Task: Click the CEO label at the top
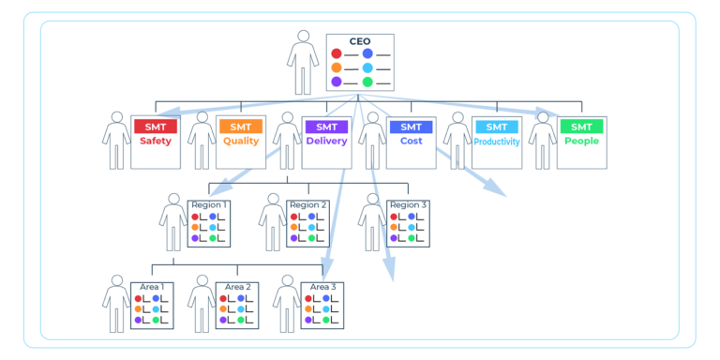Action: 359,41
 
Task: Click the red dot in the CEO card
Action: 337,54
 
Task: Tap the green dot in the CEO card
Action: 367,82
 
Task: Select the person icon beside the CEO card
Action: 302,61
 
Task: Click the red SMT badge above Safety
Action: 155,127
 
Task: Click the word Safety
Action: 155,142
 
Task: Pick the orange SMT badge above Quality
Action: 240,127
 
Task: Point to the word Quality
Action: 240,142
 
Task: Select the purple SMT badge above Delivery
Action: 325,127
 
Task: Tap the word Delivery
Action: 325,142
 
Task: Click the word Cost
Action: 411,142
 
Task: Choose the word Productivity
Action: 496,142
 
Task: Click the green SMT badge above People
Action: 581,127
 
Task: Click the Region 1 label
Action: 210,204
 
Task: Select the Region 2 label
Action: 308,204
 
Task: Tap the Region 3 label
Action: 409,204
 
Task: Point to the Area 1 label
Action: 152,287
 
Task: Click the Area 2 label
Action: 237,287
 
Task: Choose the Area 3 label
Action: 322,287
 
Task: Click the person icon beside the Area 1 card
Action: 116,304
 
